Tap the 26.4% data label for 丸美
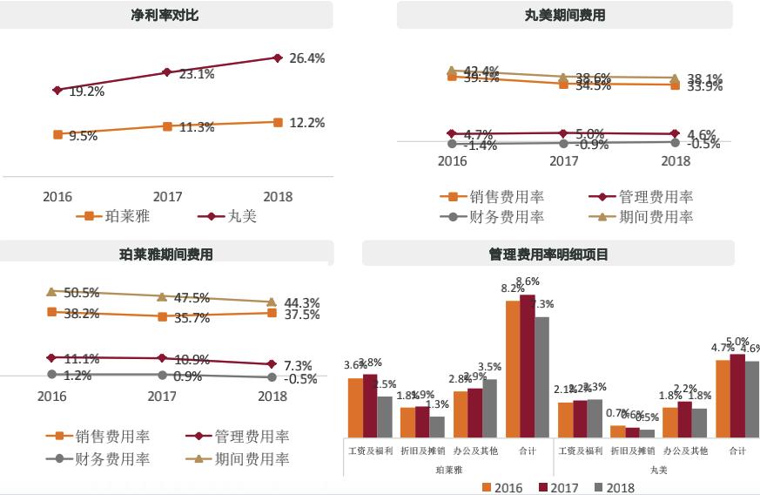[306, 58]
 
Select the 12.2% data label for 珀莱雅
[306, 123]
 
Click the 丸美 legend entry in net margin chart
[237, 216]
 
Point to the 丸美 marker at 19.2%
[57, 90]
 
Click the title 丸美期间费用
[565, 16]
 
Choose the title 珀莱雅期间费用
[165, 254]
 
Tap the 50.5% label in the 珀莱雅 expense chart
[82, 293]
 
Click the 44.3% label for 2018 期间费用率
[302, 302]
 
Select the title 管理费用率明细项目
[548, 254]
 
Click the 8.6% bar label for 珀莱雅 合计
[528, 281]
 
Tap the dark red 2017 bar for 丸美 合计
[736, 396]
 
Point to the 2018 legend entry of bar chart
[615, 487]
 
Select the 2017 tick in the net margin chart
[167, 197]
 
